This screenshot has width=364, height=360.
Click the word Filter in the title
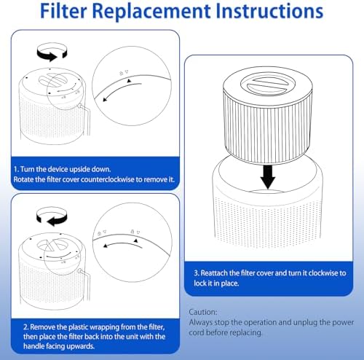63,11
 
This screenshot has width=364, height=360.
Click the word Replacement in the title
151,12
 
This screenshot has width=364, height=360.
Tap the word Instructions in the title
269,11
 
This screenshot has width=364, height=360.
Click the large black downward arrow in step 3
268,176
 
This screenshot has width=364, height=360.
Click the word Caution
203,312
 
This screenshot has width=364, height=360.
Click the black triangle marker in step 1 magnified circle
130,81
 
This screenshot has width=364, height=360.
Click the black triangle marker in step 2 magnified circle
136,240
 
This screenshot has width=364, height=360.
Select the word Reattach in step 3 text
214,273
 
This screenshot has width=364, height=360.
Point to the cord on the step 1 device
86,119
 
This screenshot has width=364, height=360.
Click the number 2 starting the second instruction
25,327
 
